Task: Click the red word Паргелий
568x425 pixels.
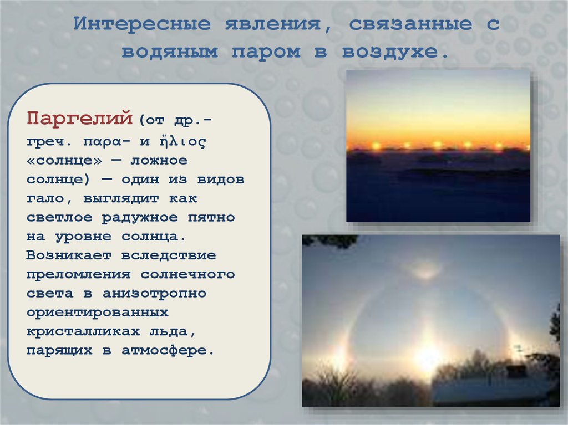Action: (79, 118)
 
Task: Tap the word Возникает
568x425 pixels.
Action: (68, 255)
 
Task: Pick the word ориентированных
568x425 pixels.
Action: (97, 312)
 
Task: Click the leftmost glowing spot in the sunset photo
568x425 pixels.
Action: (376, 146)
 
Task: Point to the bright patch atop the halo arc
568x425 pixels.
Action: (425, 271)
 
